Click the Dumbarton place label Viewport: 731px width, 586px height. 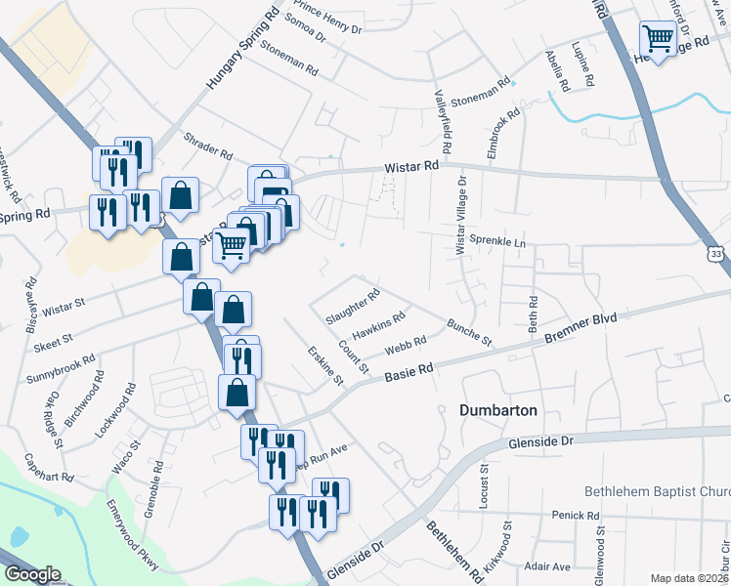point(498,411)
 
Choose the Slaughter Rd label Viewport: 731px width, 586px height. point(353,306)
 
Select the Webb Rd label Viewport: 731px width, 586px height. point(406,344)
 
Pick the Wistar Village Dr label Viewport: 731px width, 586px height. point(460,216)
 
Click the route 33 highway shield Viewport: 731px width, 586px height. point(717,254)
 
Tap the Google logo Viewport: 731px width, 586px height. point(31,574)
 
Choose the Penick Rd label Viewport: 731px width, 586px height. point(575,515)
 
